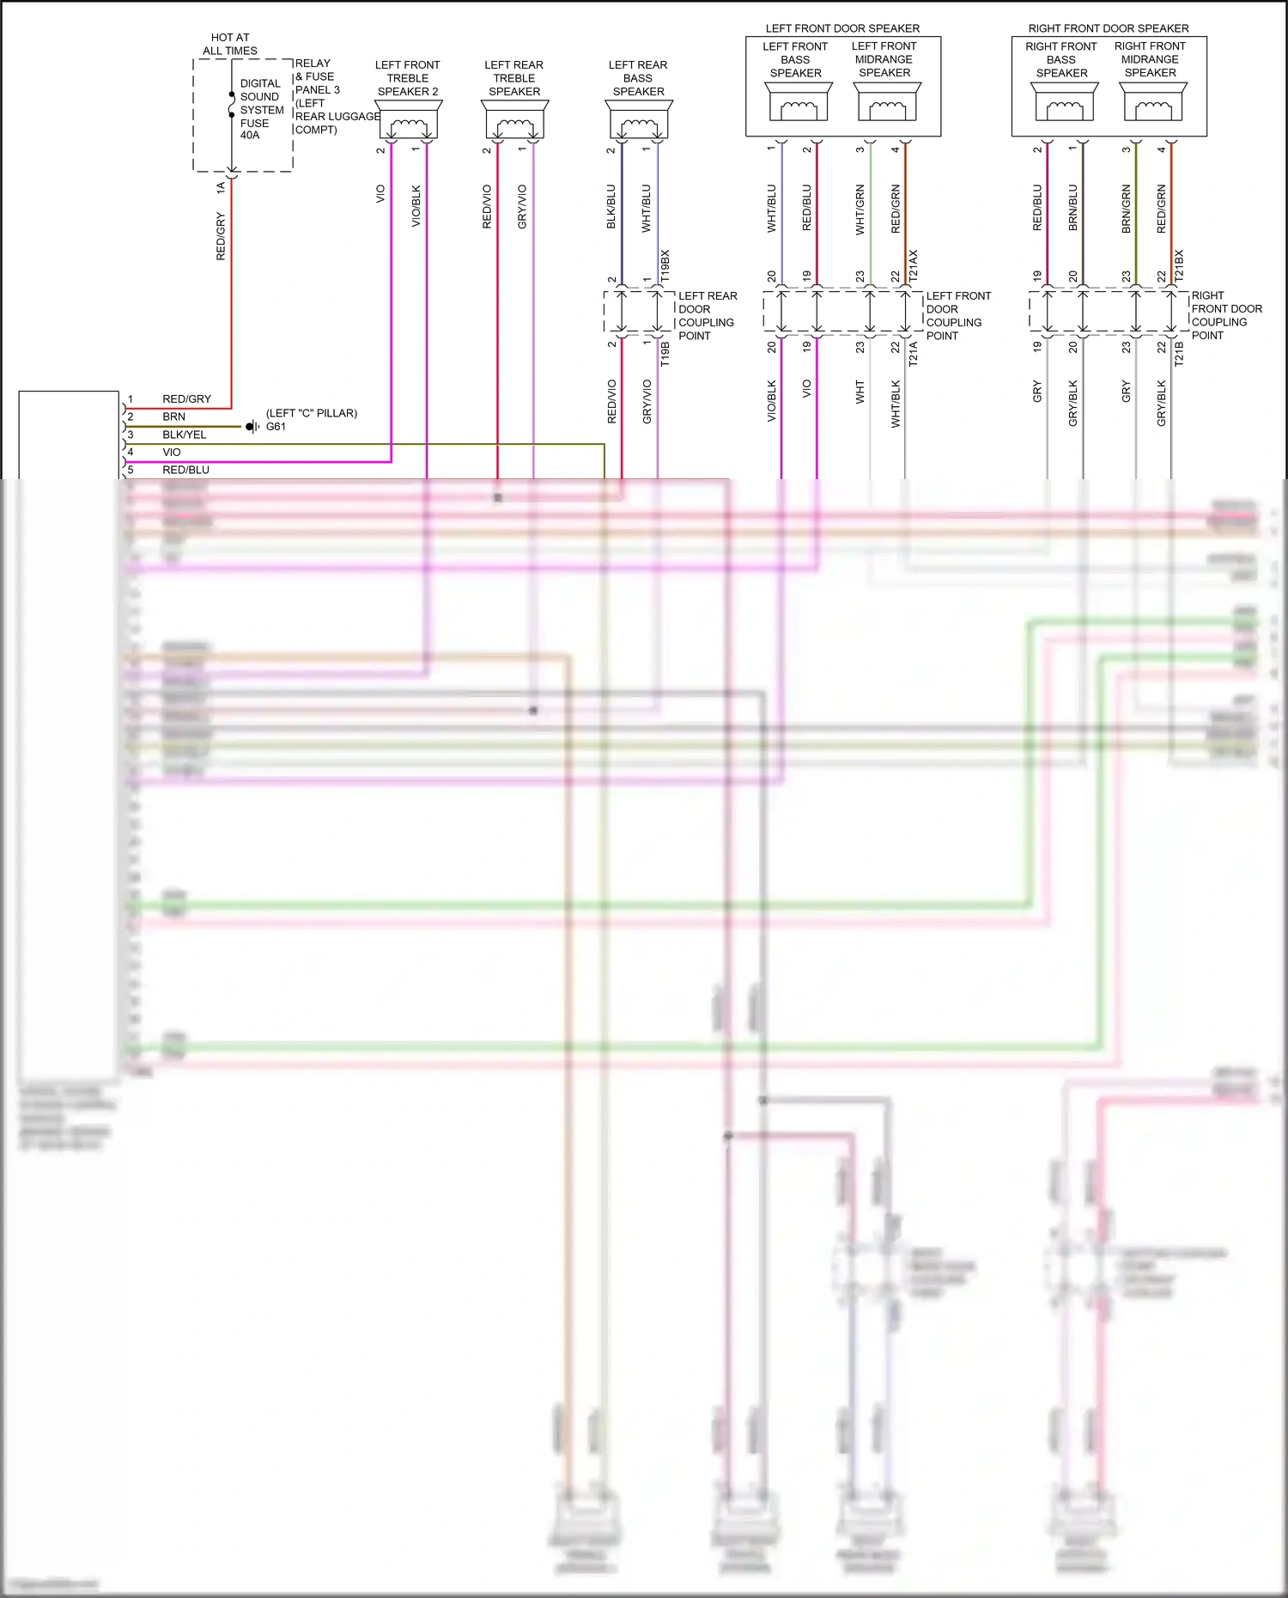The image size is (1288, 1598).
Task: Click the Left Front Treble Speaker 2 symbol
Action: click(x=409, y=119)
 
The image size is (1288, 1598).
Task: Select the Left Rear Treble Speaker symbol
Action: click(x=514, y=119)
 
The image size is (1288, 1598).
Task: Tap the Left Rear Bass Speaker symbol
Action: click(x=638, y=119)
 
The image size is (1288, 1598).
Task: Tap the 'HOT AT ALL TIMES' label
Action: click(x=230, y=44)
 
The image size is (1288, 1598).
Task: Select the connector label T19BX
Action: click(x=665, y=267)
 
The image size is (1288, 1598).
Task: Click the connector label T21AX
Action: click(x=914, y=267)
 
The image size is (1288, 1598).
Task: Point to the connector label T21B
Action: click(x=1179, y=354)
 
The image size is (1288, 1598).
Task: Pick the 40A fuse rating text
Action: click(x=250, y=136)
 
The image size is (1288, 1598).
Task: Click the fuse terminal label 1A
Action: click(x=221, y=186)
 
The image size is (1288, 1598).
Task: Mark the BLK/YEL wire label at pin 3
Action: click(x=185, y=434)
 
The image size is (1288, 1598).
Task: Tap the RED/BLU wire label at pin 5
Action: click(x=186, y=470)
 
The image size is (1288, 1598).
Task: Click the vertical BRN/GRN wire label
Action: click(x=1127, y=209)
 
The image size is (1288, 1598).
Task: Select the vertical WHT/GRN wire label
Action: click(x=860, y=209)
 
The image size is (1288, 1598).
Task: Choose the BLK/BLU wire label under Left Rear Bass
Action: click(x=611, y=206)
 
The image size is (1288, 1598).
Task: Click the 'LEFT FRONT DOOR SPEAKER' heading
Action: click(x=842, y=28)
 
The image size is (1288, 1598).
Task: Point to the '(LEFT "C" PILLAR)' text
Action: click(x=312, y=413)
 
